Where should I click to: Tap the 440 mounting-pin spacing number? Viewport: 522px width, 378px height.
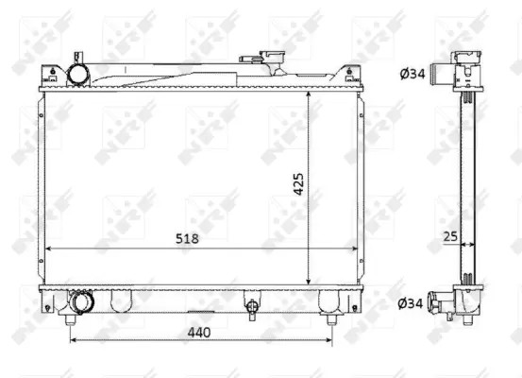pyautogui.click(x=198, y=334)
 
